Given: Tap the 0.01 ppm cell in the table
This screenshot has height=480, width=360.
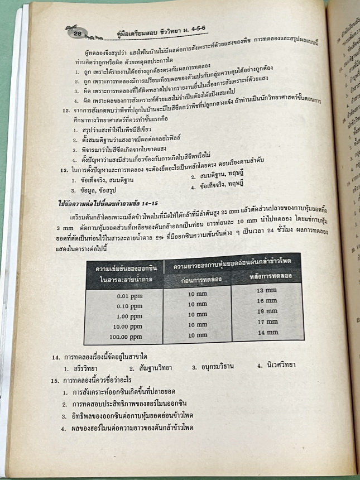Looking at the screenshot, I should pyautogui.click(x=128, y=296).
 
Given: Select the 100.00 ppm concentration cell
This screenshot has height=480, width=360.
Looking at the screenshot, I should pyautogui.click(x=127, y=337).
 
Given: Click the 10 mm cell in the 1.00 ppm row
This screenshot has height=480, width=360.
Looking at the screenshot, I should pyautogui.click(x=199, y=315).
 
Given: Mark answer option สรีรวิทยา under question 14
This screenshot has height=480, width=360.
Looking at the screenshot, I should pyautogui.click(x=81, y=368).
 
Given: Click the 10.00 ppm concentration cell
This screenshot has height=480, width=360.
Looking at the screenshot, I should pyautogui.click(x=128, y=327).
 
